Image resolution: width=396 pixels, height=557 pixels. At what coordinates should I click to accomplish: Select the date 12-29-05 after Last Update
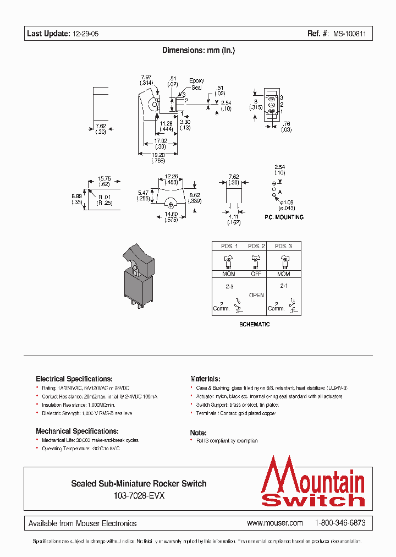(x=85, y=34)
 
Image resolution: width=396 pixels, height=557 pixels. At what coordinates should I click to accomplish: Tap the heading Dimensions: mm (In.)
(x=198, y=50)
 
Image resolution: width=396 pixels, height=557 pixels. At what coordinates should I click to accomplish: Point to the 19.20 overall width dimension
(x=158, y=155)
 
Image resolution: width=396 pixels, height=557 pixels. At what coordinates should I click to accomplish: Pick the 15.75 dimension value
(x=105, y=178)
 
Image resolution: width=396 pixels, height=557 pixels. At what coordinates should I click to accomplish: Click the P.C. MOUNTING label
(x=284, y=217)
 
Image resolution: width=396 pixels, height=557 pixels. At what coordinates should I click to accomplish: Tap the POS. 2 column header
(x=256, y=246)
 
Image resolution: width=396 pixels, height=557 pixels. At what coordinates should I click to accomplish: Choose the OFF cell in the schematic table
(x=256, y=274)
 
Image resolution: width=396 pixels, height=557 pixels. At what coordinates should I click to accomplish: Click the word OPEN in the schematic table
(x=256, y=295)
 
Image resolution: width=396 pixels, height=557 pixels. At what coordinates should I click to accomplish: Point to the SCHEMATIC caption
(x=254, y=325)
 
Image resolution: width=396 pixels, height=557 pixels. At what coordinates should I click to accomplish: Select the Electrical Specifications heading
(x=74, y=379)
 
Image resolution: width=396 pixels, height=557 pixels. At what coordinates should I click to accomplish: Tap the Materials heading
(x=205, y=379)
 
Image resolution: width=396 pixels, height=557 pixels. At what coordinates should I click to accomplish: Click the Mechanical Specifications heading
(x=77, y=431)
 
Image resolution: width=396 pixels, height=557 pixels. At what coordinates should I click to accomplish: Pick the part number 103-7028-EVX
(x=139, y=495)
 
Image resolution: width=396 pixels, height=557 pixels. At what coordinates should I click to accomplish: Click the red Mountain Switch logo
(x=312, y=482)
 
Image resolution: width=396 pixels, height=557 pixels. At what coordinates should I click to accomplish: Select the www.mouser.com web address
(x=275, y=523)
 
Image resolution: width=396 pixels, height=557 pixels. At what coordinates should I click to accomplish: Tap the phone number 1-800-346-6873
(x=340, y=523)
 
